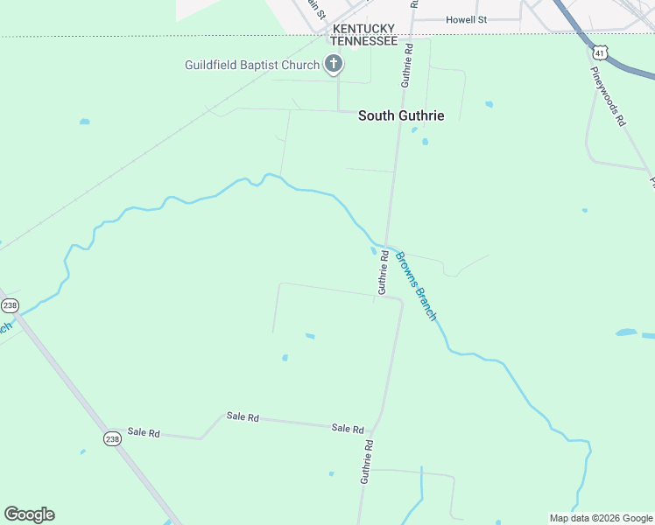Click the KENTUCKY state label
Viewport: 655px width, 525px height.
click(363, 29)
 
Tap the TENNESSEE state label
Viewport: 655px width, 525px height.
click(363, 41)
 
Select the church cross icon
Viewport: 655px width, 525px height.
click(333, 64)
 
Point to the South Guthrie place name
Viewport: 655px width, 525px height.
click(401, 115)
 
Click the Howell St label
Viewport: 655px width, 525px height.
click(466, 19)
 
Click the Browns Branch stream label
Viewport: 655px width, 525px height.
click(416, 285)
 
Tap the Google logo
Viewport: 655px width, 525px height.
click(29, 514)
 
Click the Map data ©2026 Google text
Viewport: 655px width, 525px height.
click(602, 518)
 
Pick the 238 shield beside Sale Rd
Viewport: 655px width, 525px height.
click(112, 438)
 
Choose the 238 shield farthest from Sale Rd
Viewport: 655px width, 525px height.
click(10, 305)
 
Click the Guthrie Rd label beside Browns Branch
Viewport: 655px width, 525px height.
click(384, 272)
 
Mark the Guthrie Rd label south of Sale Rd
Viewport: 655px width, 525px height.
click(368, 461)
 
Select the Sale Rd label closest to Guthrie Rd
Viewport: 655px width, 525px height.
click(348, 428)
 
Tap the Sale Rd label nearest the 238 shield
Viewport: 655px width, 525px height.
click(144, 432)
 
